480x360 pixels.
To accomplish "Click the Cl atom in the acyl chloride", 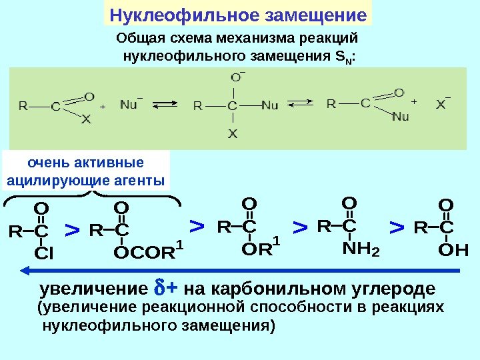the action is [x=44, y=254].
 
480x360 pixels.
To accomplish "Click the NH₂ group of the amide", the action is [x=360, y=249].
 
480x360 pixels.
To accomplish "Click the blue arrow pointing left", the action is [x=240, y=270].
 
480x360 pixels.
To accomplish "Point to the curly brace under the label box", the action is [x=91, y=195].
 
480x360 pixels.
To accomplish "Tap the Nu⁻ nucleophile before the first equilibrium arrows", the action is [x=131, y=104].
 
